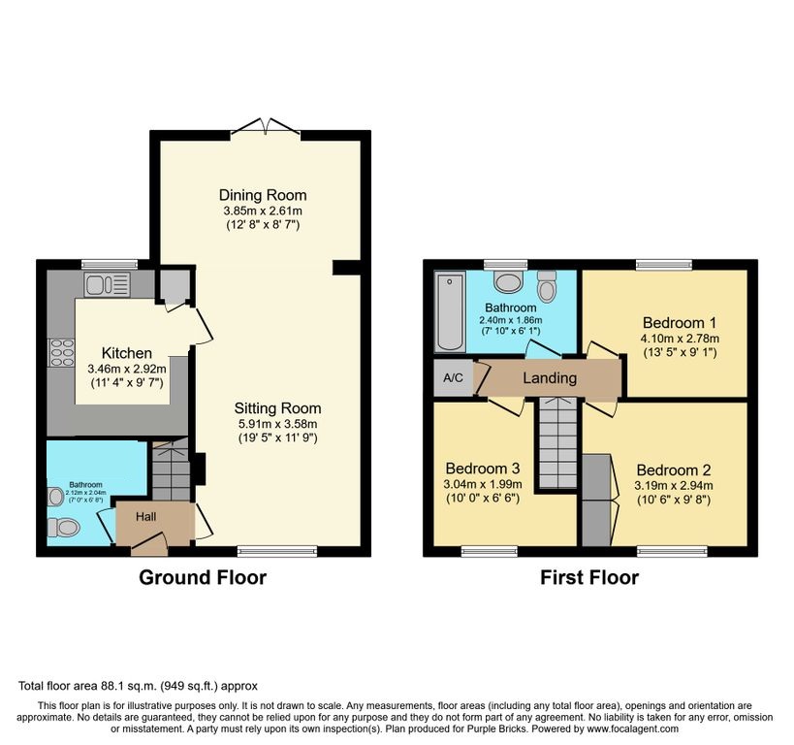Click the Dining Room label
[x=263, y=195]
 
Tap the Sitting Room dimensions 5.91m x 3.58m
[x=278, y=424]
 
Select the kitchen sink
[x=108, y=284]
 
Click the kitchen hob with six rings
[x=61, y=352]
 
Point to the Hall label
[x=145, y=516]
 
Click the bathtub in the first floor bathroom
[x=450, y=311]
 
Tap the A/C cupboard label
[x=453, y=378]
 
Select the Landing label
[x=550, y=378]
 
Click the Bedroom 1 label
[x=680, y=323]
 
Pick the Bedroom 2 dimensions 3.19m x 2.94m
[x=674, y=486]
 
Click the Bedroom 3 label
[x=483, y=469]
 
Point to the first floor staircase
[x=557, y=443]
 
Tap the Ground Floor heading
[x=203, y=578]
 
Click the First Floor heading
[x=590, y=578]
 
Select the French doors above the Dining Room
[x=266, y=128]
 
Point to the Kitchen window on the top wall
[x=110, y=264]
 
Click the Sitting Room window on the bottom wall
[x=277, y=551]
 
